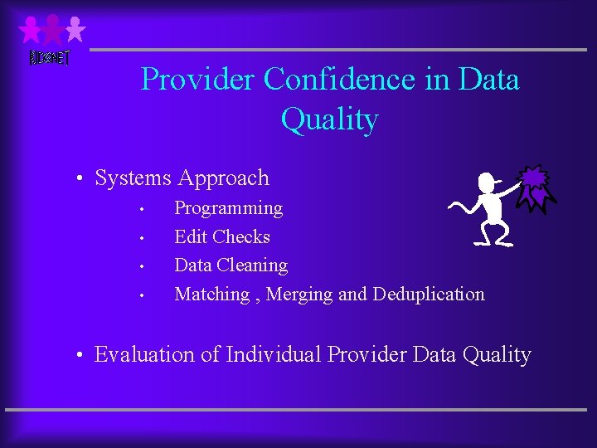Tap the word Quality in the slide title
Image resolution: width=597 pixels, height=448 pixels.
[329, 119]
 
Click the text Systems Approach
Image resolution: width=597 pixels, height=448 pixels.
[182, 178]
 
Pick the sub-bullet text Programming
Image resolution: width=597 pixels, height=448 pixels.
[228, 208]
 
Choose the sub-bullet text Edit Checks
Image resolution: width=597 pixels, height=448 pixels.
[222, 237]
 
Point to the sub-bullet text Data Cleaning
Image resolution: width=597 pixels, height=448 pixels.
[231, 265]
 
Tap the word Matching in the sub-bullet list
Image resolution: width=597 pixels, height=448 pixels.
[211, 294]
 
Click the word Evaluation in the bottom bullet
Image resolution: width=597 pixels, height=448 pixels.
[146, 355]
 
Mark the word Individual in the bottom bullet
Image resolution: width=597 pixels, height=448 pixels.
[274, 355]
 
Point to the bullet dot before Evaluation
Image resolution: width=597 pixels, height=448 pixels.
[77, 357]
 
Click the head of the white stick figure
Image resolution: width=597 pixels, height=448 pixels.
[488, 183]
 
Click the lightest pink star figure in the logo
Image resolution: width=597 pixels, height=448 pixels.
[75, 29]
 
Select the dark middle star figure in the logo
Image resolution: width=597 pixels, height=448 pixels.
[53, 29]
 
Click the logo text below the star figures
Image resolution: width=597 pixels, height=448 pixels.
[50, 58]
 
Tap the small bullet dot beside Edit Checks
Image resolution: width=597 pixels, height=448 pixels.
[143, 239]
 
